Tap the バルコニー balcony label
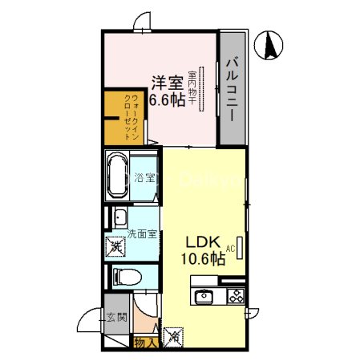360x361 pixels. pyautogui.click(x=231, y=88)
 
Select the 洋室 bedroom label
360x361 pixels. pyautogui.click(x=166, y=82)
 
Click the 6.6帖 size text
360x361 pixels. pyautogui.click(x=167, y=100)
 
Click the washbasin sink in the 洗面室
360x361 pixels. pyautogui.click(x=121, y=217)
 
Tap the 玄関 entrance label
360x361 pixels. pyautogui.click(x=113, y=318)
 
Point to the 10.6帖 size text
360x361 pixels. pyautogui.click(x=203, y=259)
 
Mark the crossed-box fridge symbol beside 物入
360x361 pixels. pyautogui.click(x=172, y=336)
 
